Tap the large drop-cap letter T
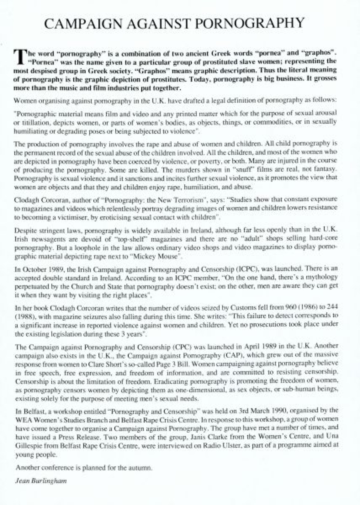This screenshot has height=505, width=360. point(19,57)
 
